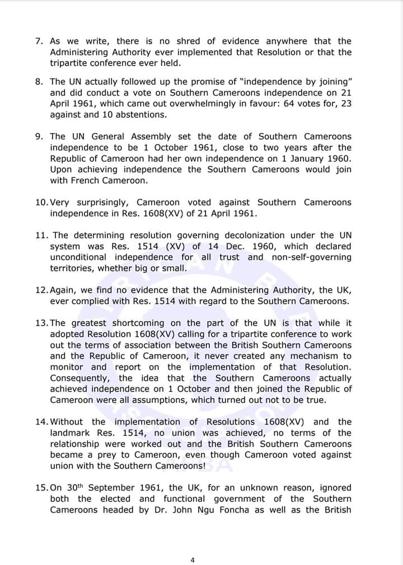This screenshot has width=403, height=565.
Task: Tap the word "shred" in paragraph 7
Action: click(189, 41)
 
